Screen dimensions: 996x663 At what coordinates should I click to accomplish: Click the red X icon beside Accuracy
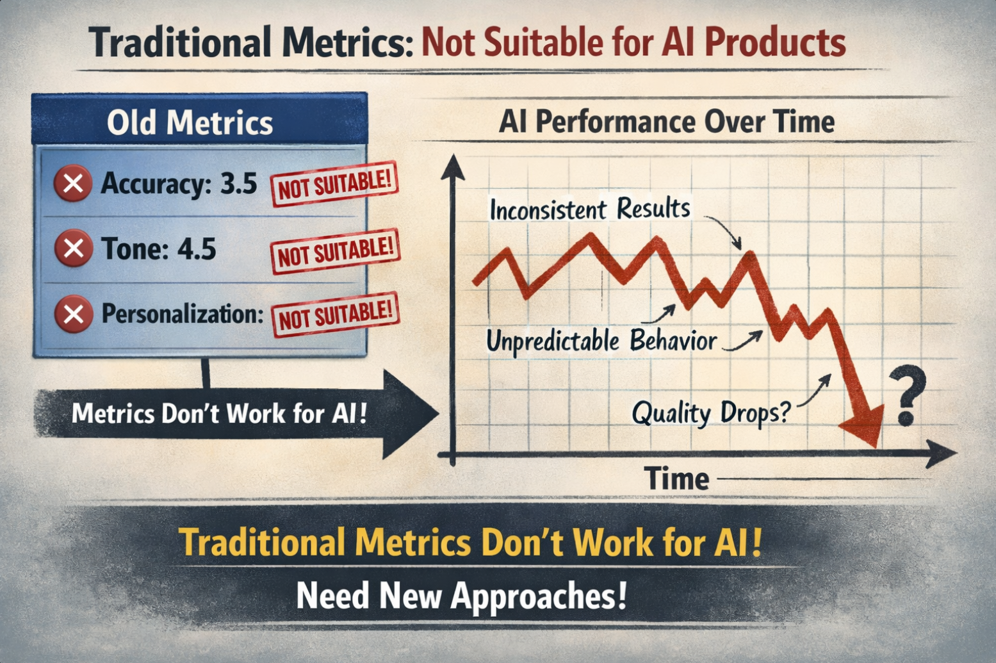[x=73, y=183]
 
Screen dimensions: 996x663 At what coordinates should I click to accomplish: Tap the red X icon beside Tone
[x=74, y=248]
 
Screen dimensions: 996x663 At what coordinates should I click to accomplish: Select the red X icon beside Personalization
[x=74, y=315]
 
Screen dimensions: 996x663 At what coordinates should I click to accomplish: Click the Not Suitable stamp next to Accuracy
[x=334, y=184]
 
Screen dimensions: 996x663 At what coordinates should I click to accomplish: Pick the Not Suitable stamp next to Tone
[x=335, y=252]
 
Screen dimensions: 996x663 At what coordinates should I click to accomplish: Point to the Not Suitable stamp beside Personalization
[x=335, y=315]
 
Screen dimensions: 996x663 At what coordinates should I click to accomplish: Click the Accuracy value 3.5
[x=239, y=183]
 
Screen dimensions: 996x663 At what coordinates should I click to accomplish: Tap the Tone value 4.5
[x=197, y=249]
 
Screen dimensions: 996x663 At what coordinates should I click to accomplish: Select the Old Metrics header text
[x=190, y=123]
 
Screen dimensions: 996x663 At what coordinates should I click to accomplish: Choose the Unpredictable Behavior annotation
[x=601, y=341]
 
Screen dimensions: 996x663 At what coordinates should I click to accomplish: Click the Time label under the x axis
[x=677, y=479]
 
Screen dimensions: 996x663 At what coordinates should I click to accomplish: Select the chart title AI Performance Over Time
[x=667, y=122]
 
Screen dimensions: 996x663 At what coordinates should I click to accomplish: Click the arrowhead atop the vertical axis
[x=453, y=168]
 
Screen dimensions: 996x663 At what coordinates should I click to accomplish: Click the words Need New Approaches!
[x=462, y=596]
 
